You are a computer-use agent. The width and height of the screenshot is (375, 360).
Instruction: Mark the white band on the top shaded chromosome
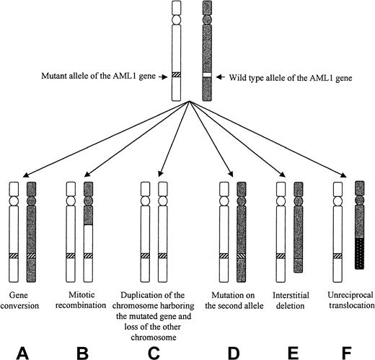(207, 74)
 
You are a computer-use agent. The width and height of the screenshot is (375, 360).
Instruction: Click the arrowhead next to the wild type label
(219, 74)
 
